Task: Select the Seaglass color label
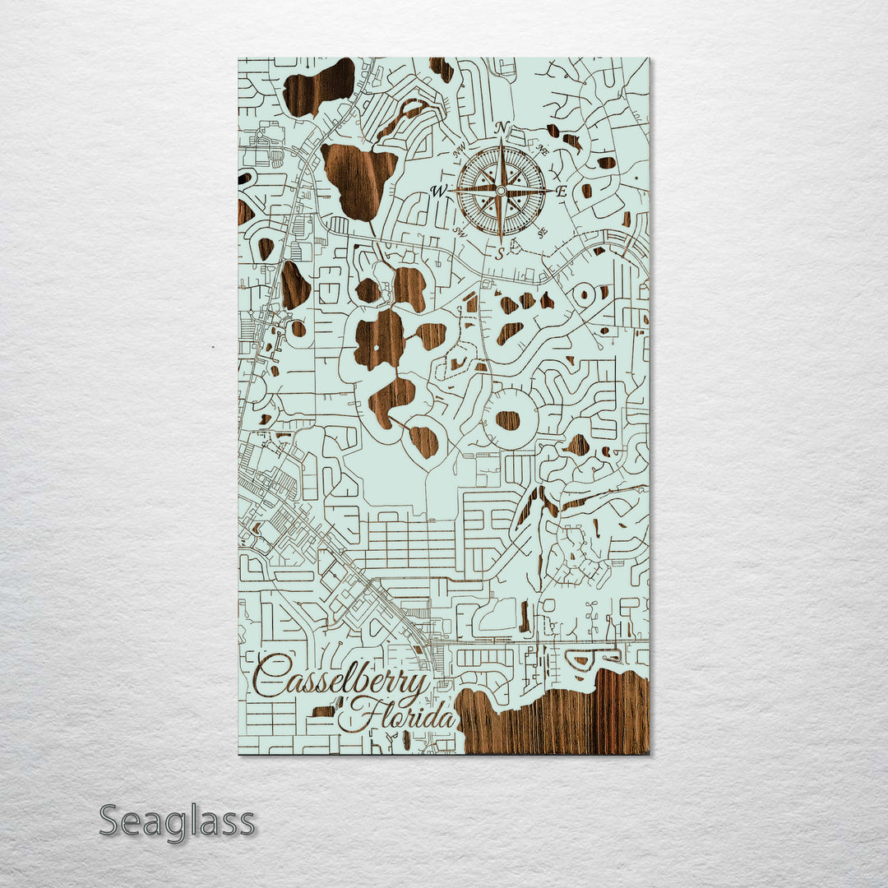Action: click(177, 821)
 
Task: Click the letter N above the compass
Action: click(502, 128)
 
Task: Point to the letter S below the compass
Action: click(500, 254)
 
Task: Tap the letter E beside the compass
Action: click(562, 191)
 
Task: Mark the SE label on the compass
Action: click(542, 232)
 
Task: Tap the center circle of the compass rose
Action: click(500, 191)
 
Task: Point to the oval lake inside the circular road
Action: click(507, 420)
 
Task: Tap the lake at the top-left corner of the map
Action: click(319, 86)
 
